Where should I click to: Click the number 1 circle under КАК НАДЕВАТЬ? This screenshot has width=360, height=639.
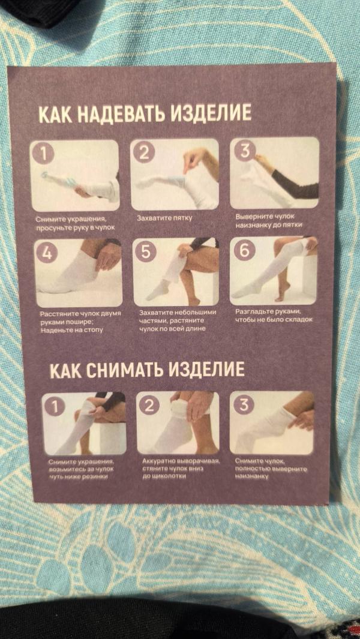click(x=43, y=154)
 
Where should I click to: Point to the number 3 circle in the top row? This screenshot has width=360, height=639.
click(x=244, y=151)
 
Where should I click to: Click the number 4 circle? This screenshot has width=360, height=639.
click(x=47, y=253)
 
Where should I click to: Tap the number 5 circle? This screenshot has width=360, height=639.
click(x=145, y=251)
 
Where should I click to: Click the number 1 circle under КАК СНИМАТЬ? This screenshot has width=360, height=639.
click(x=55, y=406)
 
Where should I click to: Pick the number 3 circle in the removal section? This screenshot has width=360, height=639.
click(x=243, y=404)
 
